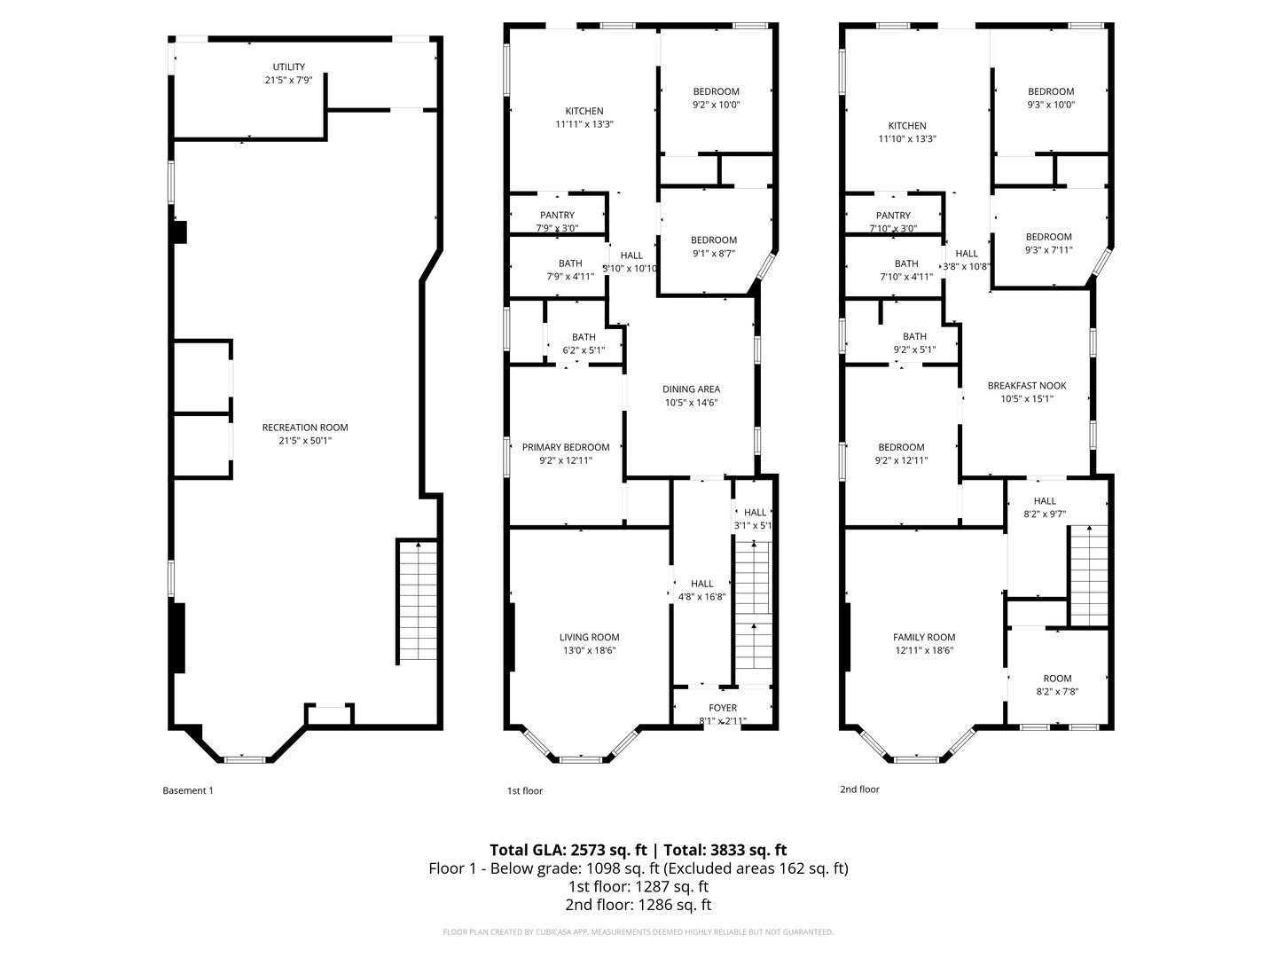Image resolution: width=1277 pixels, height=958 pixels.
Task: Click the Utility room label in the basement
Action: (x=288, y=74)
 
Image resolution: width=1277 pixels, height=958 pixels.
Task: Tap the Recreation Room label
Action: (x=305, y=434)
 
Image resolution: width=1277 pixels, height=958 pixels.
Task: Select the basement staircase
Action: (x=416, y=601)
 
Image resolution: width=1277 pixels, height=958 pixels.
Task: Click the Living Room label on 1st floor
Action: (x=589, y=643)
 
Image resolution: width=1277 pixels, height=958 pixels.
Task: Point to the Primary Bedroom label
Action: (x=566, y=453)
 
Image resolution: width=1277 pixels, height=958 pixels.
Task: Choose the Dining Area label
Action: (x=691, y=396)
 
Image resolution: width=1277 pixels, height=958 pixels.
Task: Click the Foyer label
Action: (x=723, y=714)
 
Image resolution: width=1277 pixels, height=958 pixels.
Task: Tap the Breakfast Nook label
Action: (x=1027, y=392)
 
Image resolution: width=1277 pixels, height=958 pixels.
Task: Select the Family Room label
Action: (x=923, y=643)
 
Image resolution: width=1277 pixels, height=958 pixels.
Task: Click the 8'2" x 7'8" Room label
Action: (x=1057, y=685)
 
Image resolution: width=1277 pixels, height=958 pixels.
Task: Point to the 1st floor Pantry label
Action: (x=557, y=221)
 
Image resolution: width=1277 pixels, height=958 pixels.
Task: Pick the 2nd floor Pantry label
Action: (x=893, y=221)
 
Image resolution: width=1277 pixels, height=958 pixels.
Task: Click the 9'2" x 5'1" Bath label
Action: (x=914, y=342)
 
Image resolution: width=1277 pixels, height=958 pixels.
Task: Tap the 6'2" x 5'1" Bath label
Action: (x=584, y=343)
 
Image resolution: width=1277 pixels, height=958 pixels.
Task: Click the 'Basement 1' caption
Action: (x=188, y=790)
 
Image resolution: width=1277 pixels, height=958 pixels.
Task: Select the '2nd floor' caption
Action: (x=859, y=789)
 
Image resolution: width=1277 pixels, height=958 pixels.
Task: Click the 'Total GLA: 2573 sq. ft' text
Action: (x=567, y=849)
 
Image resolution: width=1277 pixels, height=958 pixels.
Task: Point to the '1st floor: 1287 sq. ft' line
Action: (x=638, y=886)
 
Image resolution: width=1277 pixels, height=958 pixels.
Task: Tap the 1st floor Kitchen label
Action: (x=584, y=117)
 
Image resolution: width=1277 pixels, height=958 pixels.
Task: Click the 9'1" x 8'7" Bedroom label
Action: (x=714, y=246)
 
